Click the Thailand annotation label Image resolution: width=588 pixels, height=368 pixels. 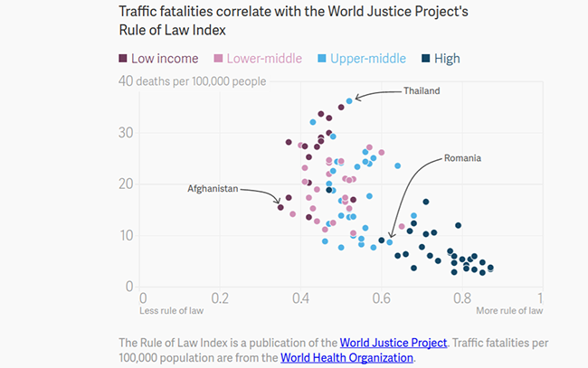tap(422, 91)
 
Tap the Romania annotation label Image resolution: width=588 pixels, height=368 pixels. tap(462, 158)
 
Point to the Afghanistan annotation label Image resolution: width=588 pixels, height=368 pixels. tap(213, 189)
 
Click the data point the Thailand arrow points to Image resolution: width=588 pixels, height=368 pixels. tap(349, 100)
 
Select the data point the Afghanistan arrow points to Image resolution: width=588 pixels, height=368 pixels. tap(280, 207)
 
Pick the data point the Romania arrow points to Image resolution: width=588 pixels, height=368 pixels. tap(390, 242)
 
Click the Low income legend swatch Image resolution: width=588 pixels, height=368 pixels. tap(123, 59)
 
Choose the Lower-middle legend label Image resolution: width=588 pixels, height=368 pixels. tap(257, 59)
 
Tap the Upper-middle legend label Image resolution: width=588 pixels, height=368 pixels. tap(365, 59)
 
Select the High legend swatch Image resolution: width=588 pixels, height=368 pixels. tap(425, 59)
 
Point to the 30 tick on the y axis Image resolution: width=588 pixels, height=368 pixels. tap(127, 133)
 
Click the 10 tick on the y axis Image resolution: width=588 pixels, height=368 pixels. tap(127, 235)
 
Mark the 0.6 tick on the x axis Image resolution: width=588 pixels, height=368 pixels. tap(381, 297)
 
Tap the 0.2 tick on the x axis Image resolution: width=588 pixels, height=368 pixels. tap(220, 297)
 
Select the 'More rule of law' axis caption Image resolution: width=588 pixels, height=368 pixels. tap(509, 312)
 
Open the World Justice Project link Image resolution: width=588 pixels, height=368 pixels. tap(394, 343)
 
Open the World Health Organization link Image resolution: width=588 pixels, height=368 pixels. tap(346, 357)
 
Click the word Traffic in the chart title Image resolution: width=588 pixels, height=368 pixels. tap(141, 11)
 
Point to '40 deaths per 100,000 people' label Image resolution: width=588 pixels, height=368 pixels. tap(192, 81)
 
